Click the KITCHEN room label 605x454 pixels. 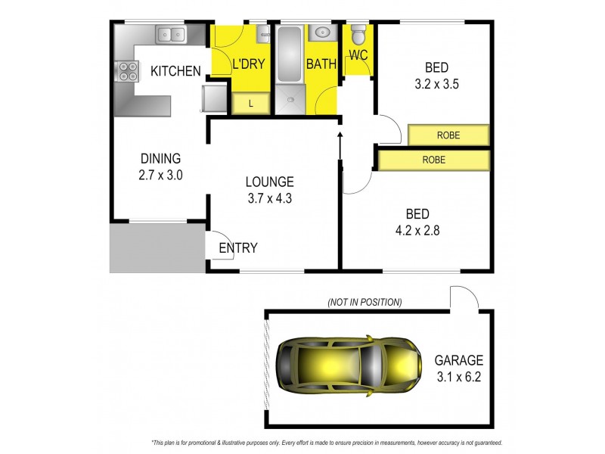175,72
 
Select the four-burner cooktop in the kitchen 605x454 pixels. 127,71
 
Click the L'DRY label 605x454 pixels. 248,64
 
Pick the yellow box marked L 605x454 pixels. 250,104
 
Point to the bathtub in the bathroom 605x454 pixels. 288,54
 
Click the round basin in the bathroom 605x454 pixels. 321,33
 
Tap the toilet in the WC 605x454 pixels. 358,34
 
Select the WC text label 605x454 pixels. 358,55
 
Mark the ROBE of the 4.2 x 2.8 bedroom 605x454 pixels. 433,160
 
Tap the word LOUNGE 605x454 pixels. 269,182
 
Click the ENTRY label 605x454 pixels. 237,248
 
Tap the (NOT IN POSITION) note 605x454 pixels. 365,302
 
